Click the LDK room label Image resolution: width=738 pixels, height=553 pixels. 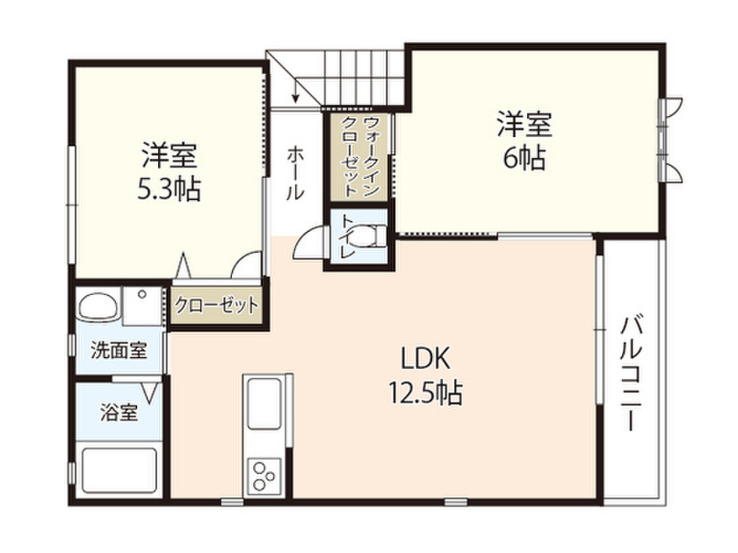coord(425,358)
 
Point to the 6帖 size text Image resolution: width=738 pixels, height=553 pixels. coord(523,159)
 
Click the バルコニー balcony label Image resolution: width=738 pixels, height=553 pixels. coord(632,372)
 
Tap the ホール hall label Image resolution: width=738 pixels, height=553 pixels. coord(295,173)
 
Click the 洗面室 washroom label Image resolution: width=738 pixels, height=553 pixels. coord(119,351)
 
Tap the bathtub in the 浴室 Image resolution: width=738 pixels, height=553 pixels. coord(119,472)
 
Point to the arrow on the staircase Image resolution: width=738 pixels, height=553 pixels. coord(295,92)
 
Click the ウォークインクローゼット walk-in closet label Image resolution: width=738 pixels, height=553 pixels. coord(358,156)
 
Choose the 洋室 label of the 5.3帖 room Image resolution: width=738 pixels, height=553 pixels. coord(169,155)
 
